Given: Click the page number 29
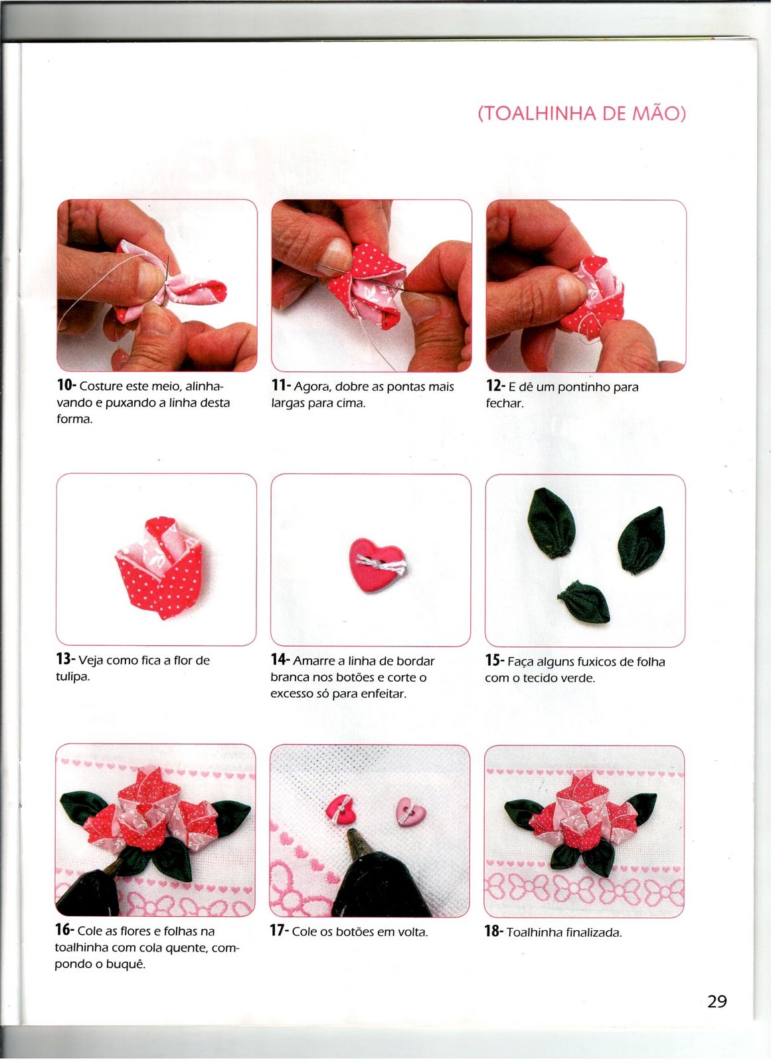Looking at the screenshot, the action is pos(717,1001).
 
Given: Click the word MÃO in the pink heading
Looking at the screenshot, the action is pos(659,114).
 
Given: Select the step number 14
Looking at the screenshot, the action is pos(280,659).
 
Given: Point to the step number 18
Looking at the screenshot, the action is pos(493,931).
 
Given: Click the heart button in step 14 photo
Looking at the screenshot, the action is pos(377,565).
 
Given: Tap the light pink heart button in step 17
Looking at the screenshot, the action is pos(410,811).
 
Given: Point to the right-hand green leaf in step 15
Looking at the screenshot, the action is pos(641,540).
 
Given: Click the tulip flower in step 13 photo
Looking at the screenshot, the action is pos(159,567).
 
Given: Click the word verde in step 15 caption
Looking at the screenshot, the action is pos(578,678).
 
